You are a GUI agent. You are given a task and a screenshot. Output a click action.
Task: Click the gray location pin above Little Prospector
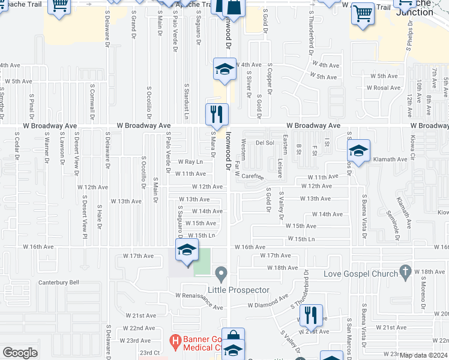click(221, 275)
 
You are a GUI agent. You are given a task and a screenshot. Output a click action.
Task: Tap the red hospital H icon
click(175, 343)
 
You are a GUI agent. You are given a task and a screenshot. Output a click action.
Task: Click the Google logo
click(20, 353)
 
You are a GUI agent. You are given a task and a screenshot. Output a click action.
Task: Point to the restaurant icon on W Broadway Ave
click(217, 114)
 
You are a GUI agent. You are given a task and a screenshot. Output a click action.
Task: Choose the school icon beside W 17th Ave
click(187, 250)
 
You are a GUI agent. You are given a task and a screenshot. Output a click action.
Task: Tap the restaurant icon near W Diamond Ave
click(310, 315)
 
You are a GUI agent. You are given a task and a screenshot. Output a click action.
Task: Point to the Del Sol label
click(265, 143)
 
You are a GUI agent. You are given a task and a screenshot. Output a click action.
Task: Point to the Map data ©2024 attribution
click(423, 355)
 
